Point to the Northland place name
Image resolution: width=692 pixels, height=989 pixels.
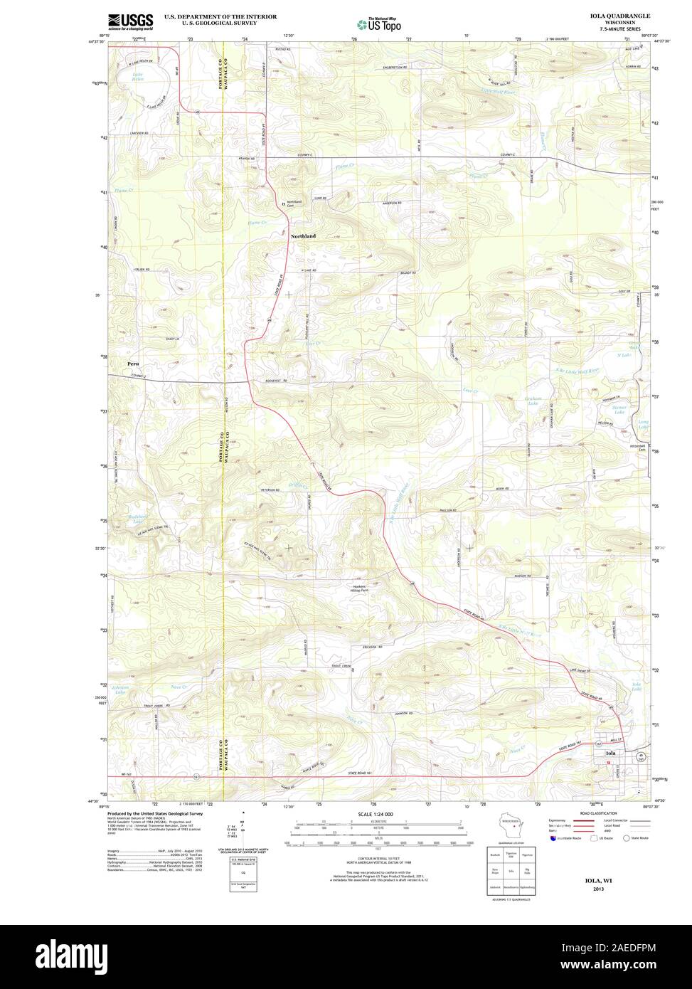click(302, 236)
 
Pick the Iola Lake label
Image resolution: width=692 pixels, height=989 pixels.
click(637, 687)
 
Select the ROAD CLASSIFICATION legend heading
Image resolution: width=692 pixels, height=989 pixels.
click(598, 813)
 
